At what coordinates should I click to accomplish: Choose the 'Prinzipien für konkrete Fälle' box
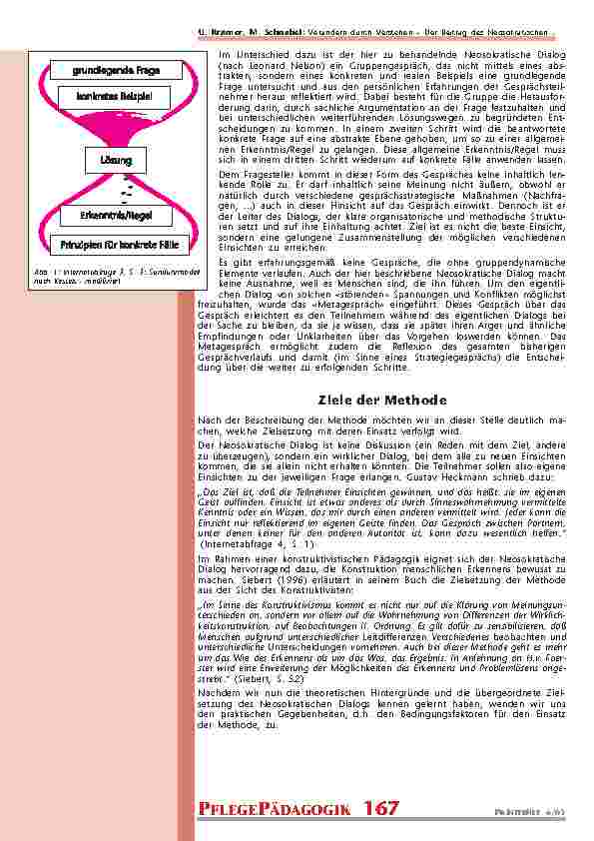(x=113, y=244)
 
